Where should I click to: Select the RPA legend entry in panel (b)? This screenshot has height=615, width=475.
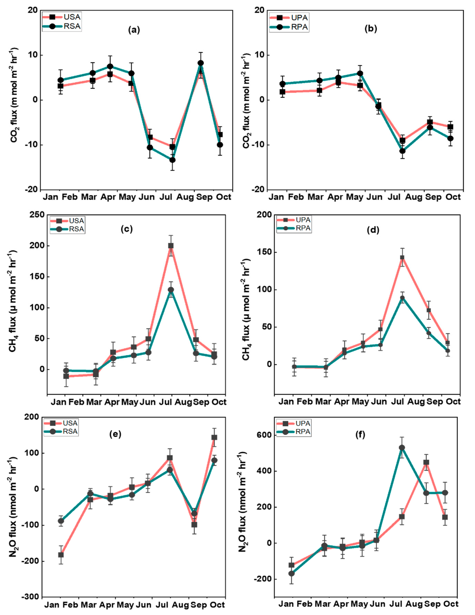(289, 27)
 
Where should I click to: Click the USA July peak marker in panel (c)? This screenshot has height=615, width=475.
(171, 246)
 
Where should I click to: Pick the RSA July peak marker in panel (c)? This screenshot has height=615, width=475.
(171, 290)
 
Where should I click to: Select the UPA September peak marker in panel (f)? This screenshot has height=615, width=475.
(426, 462)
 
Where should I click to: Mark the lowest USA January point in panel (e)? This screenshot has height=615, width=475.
(61, 555)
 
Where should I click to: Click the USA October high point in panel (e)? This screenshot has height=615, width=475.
(214, 437)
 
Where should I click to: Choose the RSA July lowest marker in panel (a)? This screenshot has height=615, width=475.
(172, 160)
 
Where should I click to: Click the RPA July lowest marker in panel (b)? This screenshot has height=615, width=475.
(402, 151)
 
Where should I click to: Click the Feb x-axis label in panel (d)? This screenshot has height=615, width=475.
(305, 402)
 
